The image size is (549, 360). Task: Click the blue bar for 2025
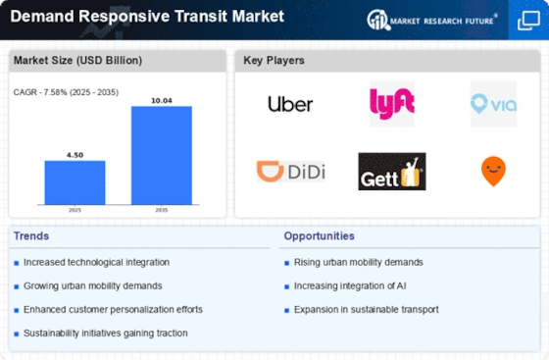click(75, 182)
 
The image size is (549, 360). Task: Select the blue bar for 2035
click(162, 155)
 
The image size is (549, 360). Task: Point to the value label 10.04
click(162, 101)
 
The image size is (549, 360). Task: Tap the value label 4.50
click(75, 155)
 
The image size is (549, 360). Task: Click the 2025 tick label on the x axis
click(75, 210)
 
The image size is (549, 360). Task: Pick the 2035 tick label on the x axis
click(162, 210)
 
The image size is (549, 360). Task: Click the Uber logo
click(290, 104)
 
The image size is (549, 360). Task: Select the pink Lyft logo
click(392, 104)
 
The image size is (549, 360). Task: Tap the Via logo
click(493, 104)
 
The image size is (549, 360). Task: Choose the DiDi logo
click(290, 172)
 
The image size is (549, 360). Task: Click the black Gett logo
click(392, 172)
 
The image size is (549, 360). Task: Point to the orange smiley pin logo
click(493, 172)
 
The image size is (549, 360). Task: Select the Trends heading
click(31, 236)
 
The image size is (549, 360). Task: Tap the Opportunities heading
click(320, 236)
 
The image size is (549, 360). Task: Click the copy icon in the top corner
click(528, 21)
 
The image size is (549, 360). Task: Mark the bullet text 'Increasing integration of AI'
click(350, 286)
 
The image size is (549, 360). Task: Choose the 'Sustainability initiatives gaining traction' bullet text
click(106, 334)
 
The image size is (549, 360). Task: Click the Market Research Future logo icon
click(378, 20)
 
